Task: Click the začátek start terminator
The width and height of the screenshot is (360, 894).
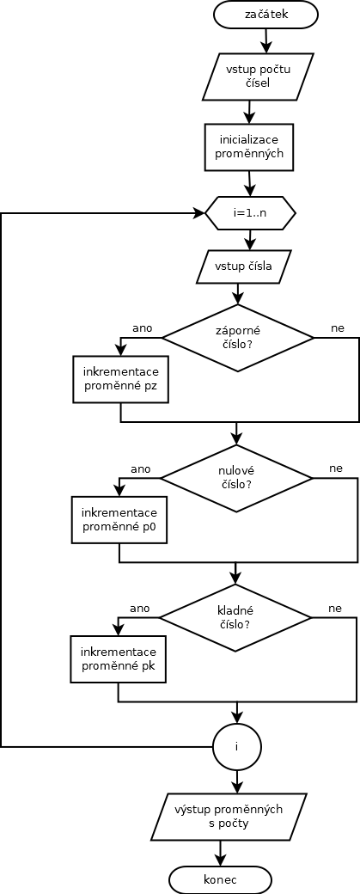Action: pyautogui.click(x=266, y=15)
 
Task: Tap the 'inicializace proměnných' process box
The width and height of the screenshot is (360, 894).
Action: pyautogui.click(x=249, y=146)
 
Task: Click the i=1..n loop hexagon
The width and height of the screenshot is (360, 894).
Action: pyautogui.click(x=250, y=214)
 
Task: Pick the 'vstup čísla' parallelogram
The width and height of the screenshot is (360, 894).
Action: pyautogui.click(x=242, y=266)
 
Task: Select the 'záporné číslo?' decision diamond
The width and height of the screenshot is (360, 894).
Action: pyautogui.click(x=237, y=338)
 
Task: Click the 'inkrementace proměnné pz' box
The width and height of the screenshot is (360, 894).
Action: pyautogui.click(x=121, y=379)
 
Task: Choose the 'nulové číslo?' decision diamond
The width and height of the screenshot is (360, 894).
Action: pyautogui.click(x=235, y=478)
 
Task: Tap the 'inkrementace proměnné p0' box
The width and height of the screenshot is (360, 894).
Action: pyautogui.click(x=119, y=519)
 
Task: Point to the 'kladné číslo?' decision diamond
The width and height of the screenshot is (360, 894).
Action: pyautogui.click(x=235, y=617)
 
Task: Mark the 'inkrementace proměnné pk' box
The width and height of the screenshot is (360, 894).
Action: pyautogui.click(x=118, y=659)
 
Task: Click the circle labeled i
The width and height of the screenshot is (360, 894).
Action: pyautogui.click(x=236, y=746)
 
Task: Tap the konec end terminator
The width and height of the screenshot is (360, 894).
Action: pyautogui.click(x=220, y=879)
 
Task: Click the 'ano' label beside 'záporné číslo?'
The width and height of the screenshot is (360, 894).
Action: pyautogui.click(x=143, y=328)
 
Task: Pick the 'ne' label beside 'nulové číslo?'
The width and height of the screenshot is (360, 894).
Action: pyautogui.click(x=336, y=468)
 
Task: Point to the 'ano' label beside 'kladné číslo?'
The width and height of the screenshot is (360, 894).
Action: pyautogui.click(x=139, y=609)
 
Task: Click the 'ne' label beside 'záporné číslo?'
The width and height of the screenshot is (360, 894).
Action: pyautogui.click(x=339, y=328)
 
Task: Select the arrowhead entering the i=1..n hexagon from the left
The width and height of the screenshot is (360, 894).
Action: pyautogui.click(x=199, y=214)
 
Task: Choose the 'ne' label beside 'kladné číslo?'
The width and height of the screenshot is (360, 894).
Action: pyautogui.click(x=335, y=609)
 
